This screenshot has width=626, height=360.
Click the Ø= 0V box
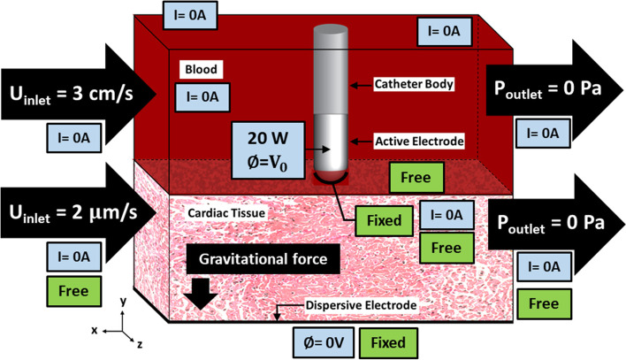[x=322, y=340]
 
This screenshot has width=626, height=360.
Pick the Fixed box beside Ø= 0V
[x=389, y=340]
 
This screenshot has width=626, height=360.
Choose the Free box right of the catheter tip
[x=416, y=177]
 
